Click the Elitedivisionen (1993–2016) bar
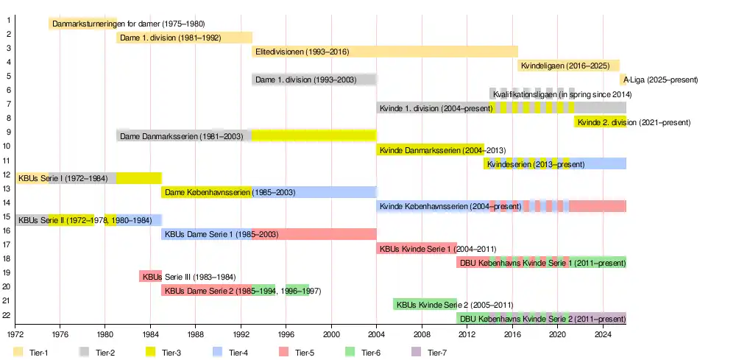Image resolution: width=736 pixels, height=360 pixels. (x=385, y=52)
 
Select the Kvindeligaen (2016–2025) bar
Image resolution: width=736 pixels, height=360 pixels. (x=568, y=66)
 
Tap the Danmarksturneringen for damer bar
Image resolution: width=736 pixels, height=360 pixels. (x=82, y=24)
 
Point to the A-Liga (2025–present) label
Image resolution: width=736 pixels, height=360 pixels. (x=660, y=80)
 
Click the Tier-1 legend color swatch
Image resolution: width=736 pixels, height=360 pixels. (x=18, y=352)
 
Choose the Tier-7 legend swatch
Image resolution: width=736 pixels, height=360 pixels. (x=417, y=352)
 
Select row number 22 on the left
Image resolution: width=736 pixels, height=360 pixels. (x=6, y=315)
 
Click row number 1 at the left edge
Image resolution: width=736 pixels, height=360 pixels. (x=7, y=21)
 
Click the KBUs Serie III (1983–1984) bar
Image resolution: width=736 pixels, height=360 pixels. (x=150, y=277)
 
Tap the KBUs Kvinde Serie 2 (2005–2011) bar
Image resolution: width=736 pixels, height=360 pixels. (x=425, y=304)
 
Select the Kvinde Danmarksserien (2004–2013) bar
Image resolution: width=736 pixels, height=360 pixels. (x=431, y=150)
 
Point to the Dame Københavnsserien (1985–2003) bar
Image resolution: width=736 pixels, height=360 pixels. (x=269, y=192)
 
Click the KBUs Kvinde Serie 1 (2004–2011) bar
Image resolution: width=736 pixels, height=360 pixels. (x=417, y=248)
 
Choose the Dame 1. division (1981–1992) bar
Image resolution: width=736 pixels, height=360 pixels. (x=184, y=38)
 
